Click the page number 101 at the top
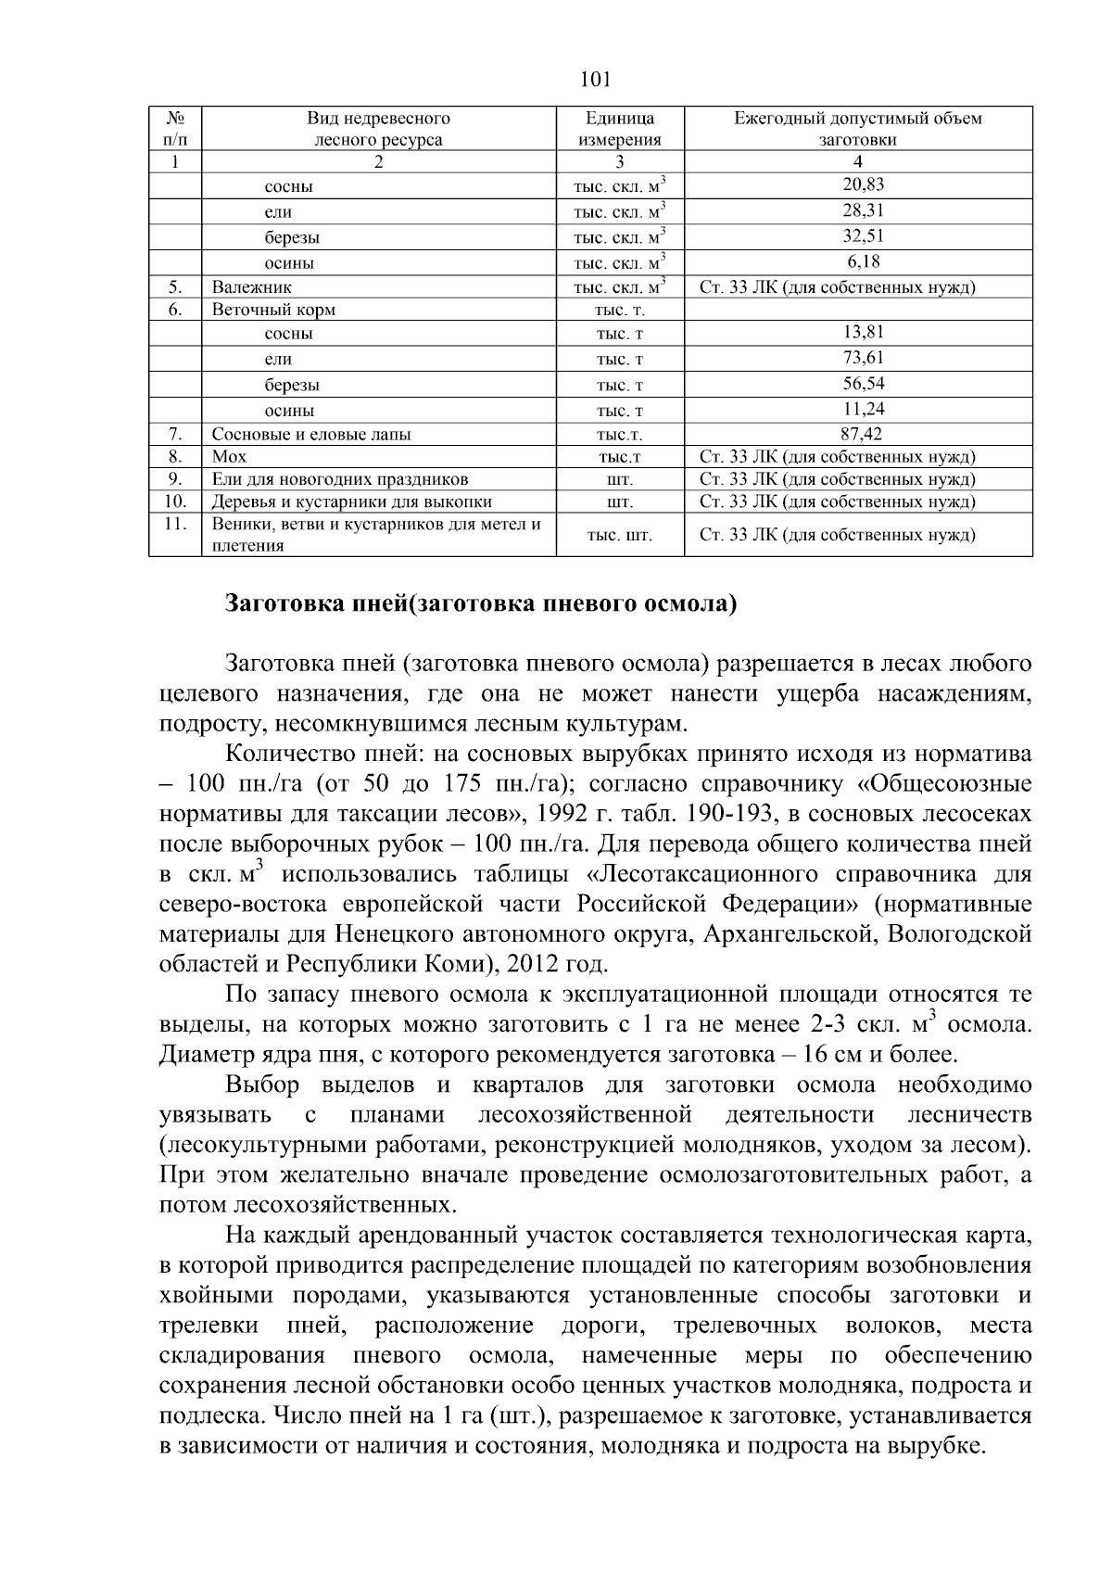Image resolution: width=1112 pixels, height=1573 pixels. click(x=594, y=79)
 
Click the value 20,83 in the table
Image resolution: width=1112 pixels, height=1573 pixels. click(x=857, y=184)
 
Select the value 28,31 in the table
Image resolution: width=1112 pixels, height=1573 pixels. click(x=857, y=210)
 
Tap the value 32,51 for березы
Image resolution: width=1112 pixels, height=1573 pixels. click(x=857, y=235)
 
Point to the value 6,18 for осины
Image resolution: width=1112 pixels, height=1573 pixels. click(x=857, y=261)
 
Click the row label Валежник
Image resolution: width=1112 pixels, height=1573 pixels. click(x=251, y=287)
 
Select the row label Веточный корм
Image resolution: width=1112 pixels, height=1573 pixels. click(x=273, y=310)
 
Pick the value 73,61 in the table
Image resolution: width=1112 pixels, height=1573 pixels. click(x=857, y=358)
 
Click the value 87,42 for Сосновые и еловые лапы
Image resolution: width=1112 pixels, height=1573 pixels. click(x=857, y=434)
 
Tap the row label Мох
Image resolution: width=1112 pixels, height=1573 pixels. click(x=229, y=456)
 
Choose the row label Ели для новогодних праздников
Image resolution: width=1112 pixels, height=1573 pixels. click(x=340, y=479)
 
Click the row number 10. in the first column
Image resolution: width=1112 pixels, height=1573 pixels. click(x=174, y=501)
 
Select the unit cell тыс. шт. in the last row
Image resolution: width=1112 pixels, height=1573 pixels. click(x=620, y=536)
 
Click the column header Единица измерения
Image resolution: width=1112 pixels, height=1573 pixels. click(x=620, y=129)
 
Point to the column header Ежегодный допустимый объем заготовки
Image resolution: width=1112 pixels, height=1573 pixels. click(x=857, y=129)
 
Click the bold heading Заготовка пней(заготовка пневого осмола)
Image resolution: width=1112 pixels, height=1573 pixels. click(x=481, y=604)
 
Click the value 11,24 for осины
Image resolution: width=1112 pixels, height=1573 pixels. click(x=857, y=409)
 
